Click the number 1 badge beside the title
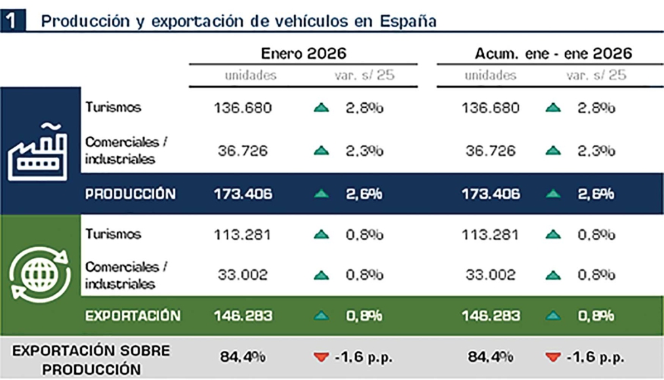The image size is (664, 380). [x=12, y=20]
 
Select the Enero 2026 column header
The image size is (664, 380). [x=304, y=53]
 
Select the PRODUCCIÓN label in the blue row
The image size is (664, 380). [x=130, y=194]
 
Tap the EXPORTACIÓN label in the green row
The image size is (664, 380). [x=133, y=316]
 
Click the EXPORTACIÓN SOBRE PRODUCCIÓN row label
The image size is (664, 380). [x=91, y=360]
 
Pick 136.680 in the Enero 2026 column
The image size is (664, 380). [x=243, y=108]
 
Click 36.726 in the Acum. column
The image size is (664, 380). [x=491, y=151]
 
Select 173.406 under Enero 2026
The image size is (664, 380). [x=243, y=194]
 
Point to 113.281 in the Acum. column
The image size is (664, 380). [x=491, y=235]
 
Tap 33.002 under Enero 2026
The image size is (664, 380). [x=243, y=275]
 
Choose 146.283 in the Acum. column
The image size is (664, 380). [x=491, y=316]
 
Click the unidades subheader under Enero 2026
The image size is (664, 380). [x=251, y=75]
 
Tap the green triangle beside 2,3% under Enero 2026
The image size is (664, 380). [x=322, y=151]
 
